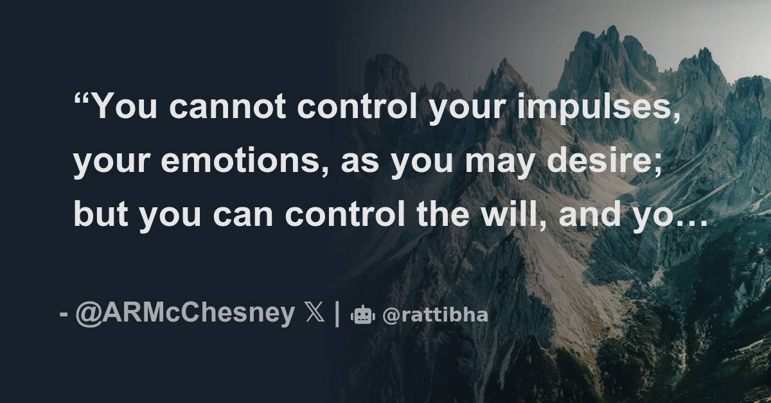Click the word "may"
504,163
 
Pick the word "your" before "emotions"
112,163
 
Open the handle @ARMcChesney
186,314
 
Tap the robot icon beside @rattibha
362,315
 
